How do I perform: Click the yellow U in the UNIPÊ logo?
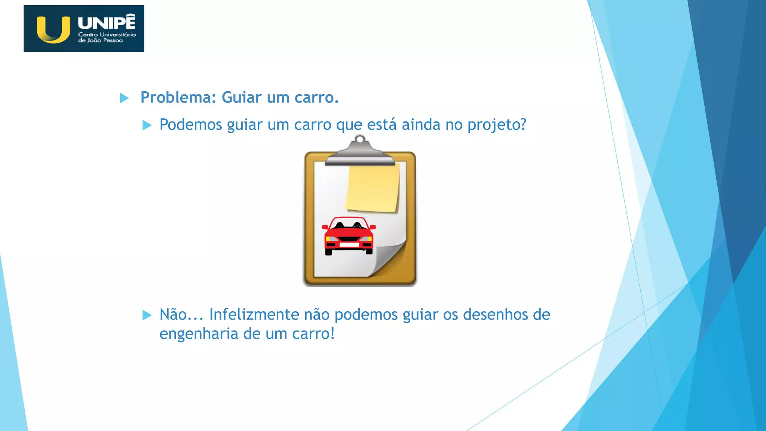(x=53, y=30)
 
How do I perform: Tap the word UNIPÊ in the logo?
(x=107, y=22)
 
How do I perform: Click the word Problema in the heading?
(x=176, y=98)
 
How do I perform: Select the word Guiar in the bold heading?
(x=242, y=98)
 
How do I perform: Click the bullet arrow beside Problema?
(x=124, y=98)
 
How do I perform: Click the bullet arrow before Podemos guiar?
(x=147, y=125)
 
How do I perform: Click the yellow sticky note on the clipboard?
(x=373, y=188)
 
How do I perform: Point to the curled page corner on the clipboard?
(x=389, y=258)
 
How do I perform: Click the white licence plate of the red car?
(x=349, y=245)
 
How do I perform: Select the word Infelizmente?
(x=254, y=315)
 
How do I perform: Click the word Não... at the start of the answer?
(x=181, y=315)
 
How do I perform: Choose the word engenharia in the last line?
(x=199, y=334)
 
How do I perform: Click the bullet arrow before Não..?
(x=147, y=315)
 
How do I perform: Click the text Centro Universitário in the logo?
(x=107, y=34)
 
